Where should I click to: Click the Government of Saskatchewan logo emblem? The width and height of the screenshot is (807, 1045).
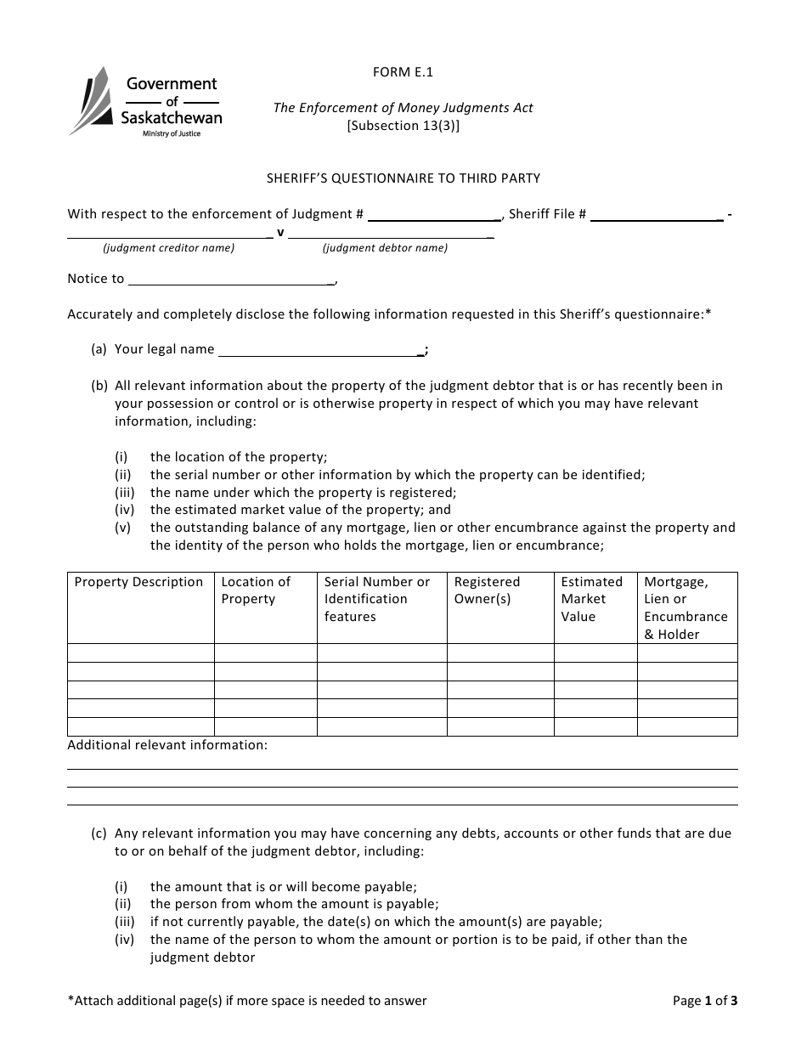pyautogui.click(x=90, y=101)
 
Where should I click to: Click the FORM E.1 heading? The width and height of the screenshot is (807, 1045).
pyautogui.click(x=403, y=72)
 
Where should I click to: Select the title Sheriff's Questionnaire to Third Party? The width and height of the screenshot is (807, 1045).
pyautogui.click(x=403, y=178)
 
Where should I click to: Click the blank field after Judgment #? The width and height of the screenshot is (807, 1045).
pyautogui.click(x=434, y=215)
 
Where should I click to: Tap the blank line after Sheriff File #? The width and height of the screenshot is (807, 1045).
pyautogui.click(x=657, y=215)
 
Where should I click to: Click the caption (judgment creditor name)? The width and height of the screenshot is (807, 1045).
pyautogui.click(x=169, y=248)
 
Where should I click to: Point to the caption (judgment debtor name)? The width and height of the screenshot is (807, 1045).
pyautogui.click(x=385, y=248)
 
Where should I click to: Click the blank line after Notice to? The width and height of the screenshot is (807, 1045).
pyautogui.click(x=231, y=280)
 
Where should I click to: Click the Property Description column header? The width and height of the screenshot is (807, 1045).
pyautogui.click(x=139, y=582)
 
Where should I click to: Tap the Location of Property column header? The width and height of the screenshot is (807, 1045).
pyautogui.click(x=256, y=590)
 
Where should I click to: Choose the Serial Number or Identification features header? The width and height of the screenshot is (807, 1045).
pyautogui.click(x=377, y=599)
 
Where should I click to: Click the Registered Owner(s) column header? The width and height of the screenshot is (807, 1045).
pyautogui.click(x=487, y=590)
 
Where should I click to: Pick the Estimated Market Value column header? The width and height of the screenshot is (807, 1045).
pyautogui.click(x=591, y=599)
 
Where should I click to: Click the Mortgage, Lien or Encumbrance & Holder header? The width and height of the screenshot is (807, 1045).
pyautogui.click(x=686, y=607)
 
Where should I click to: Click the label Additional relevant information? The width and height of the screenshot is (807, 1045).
pyautogui.click(x=167, y=745)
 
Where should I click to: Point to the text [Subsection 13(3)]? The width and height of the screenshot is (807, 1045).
pyautogui.click(x=403, y=125)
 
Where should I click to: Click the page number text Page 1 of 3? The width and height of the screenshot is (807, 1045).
pyautogui.click(x=704, y=1001)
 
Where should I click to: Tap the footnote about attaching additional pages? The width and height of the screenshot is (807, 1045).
pyautogui.click(x=247, y=1001)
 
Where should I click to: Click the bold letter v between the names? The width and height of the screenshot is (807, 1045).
pyautogui.click(x=280, y=232)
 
